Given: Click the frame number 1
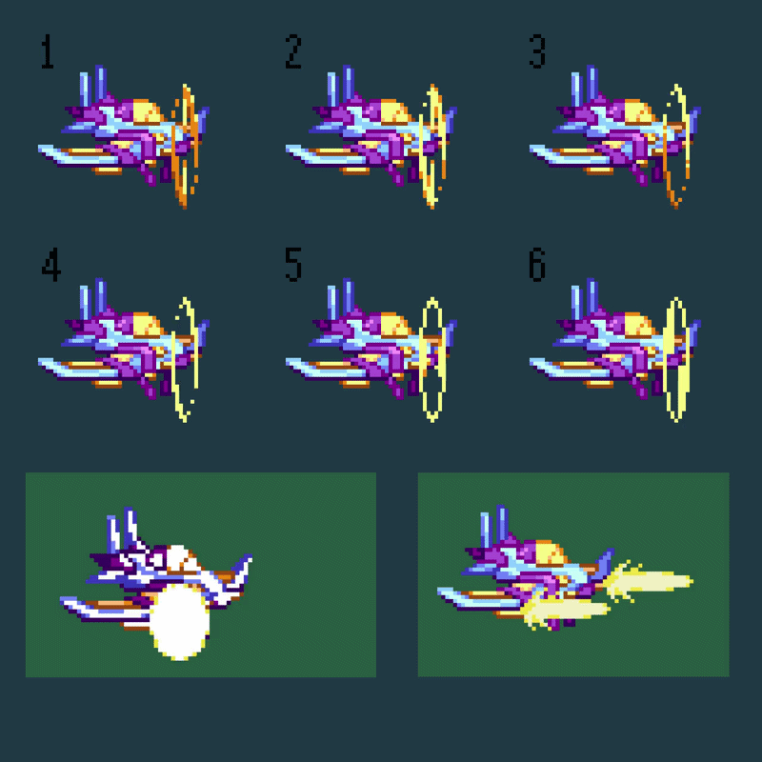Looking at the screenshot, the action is click(47, 51).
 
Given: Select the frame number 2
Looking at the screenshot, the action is click(293, 51).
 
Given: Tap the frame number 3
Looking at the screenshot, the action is click(537, 51).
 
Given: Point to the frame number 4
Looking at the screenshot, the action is click(51, 265).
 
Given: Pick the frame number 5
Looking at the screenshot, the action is click(293, 265).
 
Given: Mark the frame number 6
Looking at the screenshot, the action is click(537, 265).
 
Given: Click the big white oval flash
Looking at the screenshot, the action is click(179, 622).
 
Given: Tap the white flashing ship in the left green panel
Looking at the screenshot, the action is click(155, 578).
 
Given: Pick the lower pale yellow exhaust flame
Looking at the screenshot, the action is click(565, 611).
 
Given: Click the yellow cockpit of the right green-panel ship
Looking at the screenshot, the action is click(550, 551).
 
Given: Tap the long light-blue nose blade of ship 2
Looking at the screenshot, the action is click(326, 155).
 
